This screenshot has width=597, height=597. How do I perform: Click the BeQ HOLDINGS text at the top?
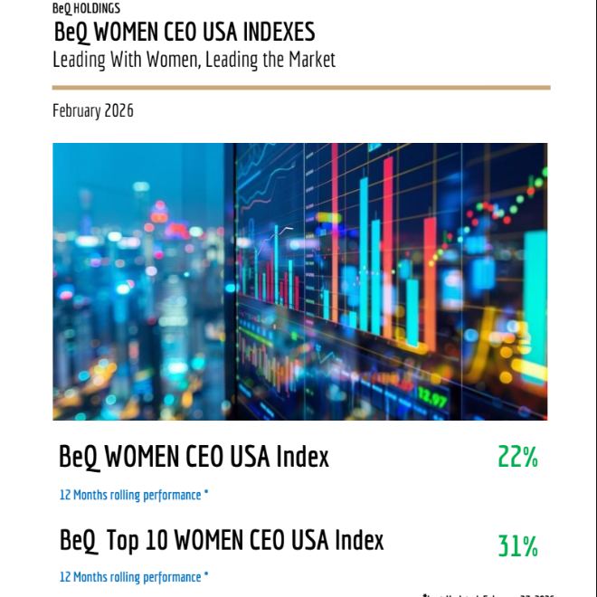pyautogui.click(x=86, y=8)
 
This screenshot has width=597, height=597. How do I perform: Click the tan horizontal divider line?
pyautogui.click(x=301, y=88)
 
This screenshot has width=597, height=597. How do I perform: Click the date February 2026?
pyautogui.click(x=93, y=111)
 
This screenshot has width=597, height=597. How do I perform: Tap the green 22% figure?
pyautogui.click(x=517, y=458)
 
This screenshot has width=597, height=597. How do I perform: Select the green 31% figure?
pyautogui.click(x=517, y=546)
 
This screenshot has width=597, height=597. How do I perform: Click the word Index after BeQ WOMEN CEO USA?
pyautogui.click(x=302, y=457)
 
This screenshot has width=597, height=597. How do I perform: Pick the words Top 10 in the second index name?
pyautogui.click(x=137, y=541)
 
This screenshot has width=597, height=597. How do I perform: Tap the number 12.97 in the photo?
pyautogui.click(x=432, y=398)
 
